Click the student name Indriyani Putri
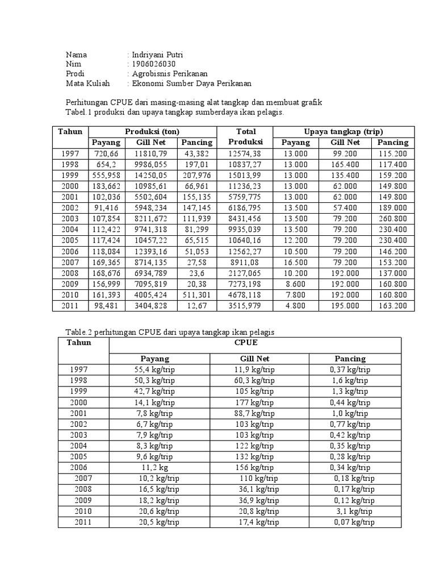coord(157,55)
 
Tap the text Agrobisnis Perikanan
coord(170,74)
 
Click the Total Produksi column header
coord(246,136)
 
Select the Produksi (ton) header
coord(152,131)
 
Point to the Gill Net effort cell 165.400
coord(345,164)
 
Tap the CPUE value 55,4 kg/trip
coord(158,369)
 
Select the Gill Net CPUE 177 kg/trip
coord(259,401)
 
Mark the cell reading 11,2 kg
coord(158,467)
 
